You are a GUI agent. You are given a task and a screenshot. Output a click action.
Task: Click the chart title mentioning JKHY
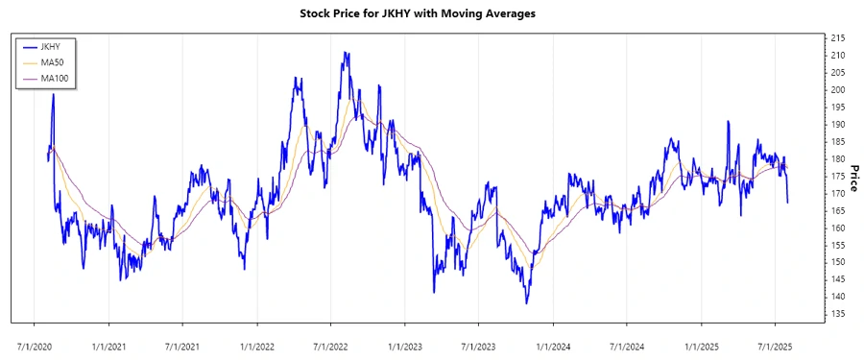(432, 13)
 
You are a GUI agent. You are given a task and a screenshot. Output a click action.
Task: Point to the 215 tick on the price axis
(838, 37)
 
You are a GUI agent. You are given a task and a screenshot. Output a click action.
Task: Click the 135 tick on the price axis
(838, 314)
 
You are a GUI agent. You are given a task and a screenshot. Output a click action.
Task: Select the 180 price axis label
(838, 158)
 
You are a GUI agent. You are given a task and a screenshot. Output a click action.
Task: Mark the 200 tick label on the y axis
(838, 89)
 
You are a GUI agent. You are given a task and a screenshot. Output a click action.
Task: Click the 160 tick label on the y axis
(838, 228)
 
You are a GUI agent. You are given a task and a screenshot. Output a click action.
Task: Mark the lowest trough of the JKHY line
(526, 303)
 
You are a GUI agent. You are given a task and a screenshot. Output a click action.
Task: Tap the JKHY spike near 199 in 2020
(53, 94)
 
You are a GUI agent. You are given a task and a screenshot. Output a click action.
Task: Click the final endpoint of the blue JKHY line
(788, 203)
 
